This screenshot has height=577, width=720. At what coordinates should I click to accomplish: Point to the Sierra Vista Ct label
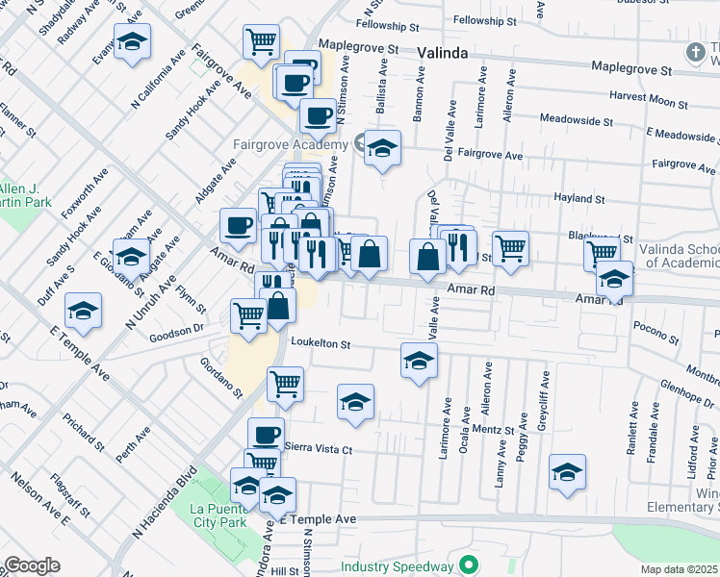point(320,449)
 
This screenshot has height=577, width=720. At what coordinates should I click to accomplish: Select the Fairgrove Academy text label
point(289,145)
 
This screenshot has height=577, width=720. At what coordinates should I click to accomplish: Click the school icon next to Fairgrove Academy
point(382,149)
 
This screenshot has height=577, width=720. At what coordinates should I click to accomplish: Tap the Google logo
point(33,565)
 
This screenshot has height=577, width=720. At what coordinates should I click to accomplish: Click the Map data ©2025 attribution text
point(680,569)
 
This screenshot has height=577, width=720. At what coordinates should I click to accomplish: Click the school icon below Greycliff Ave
point(567,473)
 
